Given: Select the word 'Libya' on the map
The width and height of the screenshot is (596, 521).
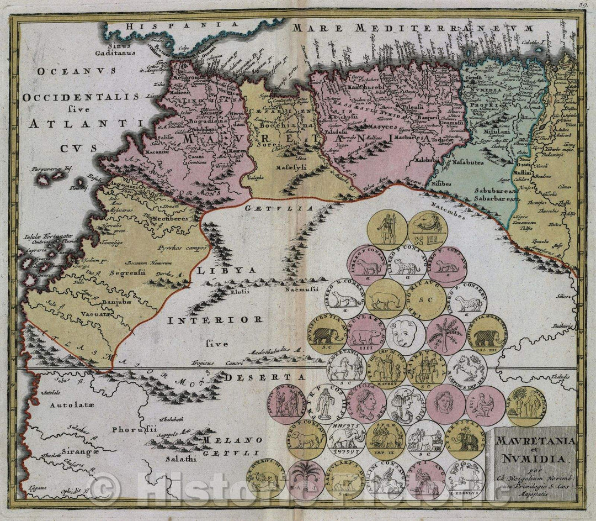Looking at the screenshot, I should (x=227, y=270).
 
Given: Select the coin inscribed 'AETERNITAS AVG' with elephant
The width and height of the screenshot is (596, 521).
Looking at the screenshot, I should (x=466, y=440).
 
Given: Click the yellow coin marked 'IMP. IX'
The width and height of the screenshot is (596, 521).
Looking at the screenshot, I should (x=385, y=440).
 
